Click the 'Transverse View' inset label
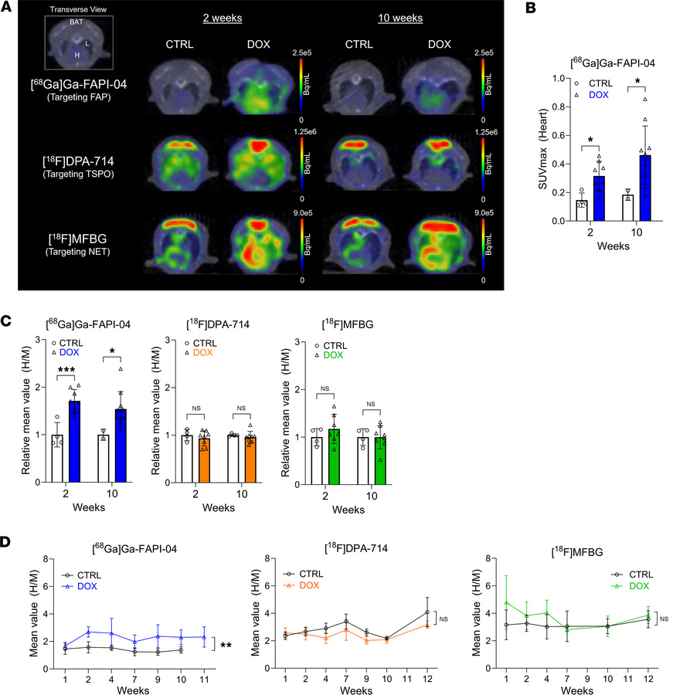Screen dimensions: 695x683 [70, 11]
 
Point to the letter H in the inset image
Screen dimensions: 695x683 [76, 55]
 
